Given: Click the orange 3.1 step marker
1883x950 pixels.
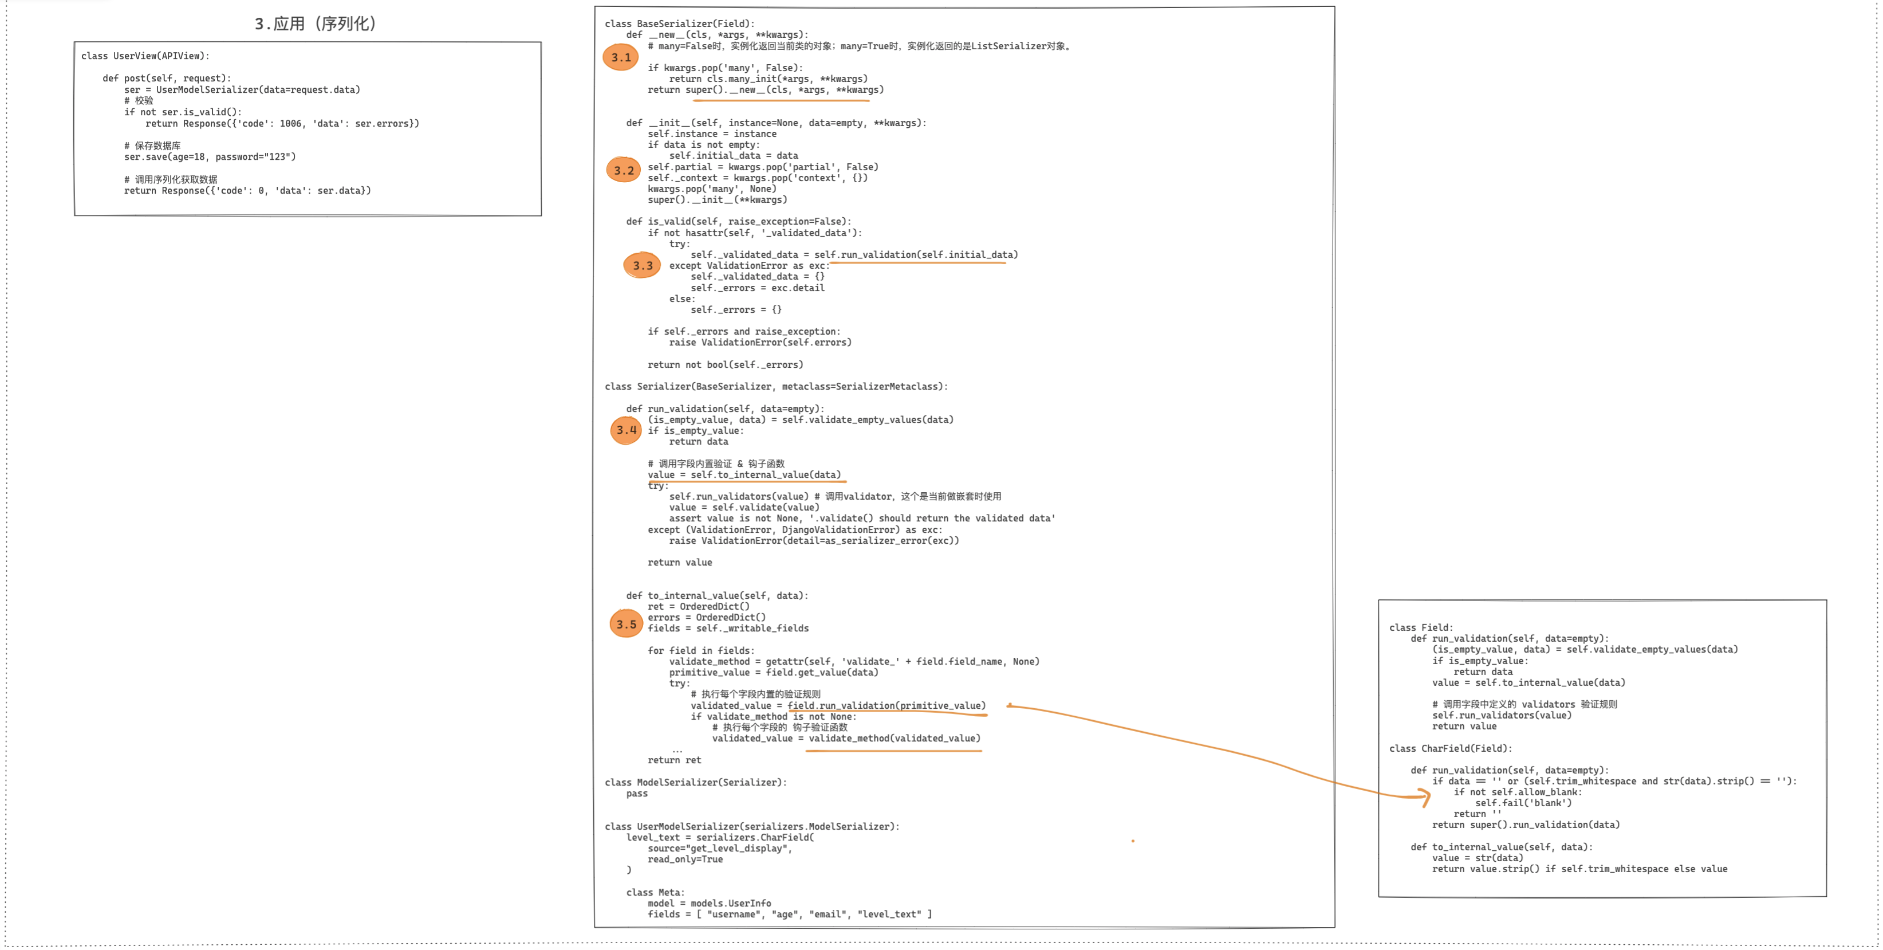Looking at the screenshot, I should click(x=621, y=57).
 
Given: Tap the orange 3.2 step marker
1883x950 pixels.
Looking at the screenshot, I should click(x=624, y=170).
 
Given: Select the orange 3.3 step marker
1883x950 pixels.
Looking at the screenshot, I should click(x=643, y=265).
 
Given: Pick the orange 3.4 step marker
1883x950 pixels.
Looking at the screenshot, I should click(x=627, y=430).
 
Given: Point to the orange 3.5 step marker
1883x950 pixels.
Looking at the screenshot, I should click(x=627, y=625).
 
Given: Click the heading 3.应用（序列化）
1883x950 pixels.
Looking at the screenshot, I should click(x=315, y=23).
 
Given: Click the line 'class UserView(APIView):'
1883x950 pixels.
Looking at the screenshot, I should click(x=145, y=56).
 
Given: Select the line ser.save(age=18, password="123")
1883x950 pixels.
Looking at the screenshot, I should click(x=210, y=156).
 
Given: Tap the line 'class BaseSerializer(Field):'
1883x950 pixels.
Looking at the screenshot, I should click(x=679, y=23).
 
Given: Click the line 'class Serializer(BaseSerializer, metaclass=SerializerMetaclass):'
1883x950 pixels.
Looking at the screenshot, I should click(x=775, y=386).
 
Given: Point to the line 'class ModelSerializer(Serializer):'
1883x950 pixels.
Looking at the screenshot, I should click(x=695, y=782).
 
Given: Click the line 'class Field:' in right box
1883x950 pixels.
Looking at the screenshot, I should click(x=1420, y=627).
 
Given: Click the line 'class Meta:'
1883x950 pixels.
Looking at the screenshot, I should click(x=655, y=892).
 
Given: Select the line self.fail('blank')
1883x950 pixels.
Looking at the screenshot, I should click(x=1523, y=803).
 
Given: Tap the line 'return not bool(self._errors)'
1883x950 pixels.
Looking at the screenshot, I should click(x=725, y=364).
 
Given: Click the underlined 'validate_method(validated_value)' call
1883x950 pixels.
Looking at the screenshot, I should click(x=894, y=738).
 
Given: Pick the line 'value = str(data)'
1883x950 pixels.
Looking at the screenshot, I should click(x=1478, y=858).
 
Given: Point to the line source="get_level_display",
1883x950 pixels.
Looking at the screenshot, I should click(x=719, y=849).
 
